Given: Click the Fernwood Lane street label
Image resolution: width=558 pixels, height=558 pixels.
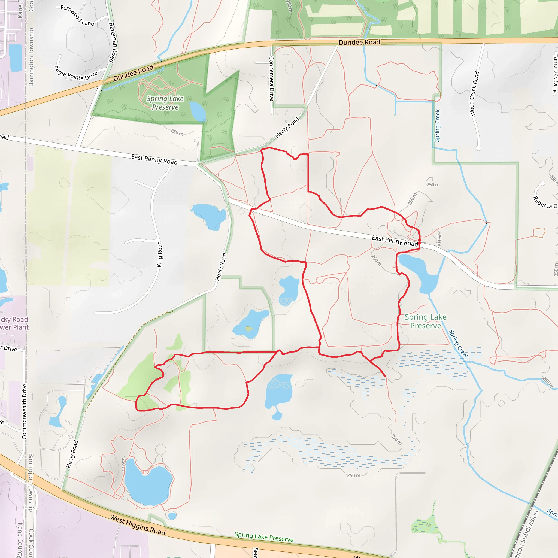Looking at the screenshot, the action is click(77, 16).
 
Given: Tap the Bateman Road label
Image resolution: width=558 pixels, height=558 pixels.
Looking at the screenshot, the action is click(113, 43).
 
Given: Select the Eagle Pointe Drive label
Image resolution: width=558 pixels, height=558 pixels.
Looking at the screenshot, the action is click(76, 73).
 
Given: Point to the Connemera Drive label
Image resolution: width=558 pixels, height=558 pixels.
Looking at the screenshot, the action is click(271, 78).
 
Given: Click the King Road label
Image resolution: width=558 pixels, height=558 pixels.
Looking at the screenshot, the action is click(159, 254).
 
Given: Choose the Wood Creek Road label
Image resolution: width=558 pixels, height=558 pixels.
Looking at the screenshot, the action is click(475, 94).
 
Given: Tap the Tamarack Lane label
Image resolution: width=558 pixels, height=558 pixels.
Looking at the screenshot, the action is click(555, 74).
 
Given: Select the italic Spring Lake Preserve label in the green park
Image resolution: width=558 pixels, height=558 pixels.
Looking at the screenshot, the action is click(165, 103).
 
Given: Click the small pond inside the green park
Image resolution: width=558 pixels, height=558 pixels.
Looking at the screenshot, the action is click(198, 111).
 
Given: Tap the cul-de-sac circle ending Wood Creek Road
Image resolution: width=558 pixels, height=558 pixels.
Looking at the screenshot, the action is click(478, 148).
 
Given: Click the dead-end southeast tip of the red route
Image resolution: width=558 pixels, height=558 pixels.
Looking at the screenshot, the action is click(385, 377).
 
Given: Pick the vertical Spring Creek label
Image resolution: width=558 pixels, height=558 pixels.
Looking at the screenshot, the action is click(437, 125).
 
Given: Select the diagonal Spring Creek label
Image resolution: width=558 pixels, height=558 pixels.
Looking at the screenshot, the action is click(458, 344).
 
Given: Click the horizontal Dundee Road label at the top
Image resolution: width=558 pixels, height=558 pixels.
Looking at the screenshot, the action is click(359, 43).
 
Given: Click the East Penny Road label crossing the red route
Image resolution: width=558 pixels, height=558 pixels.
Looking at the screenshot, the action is click(395, 241).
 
